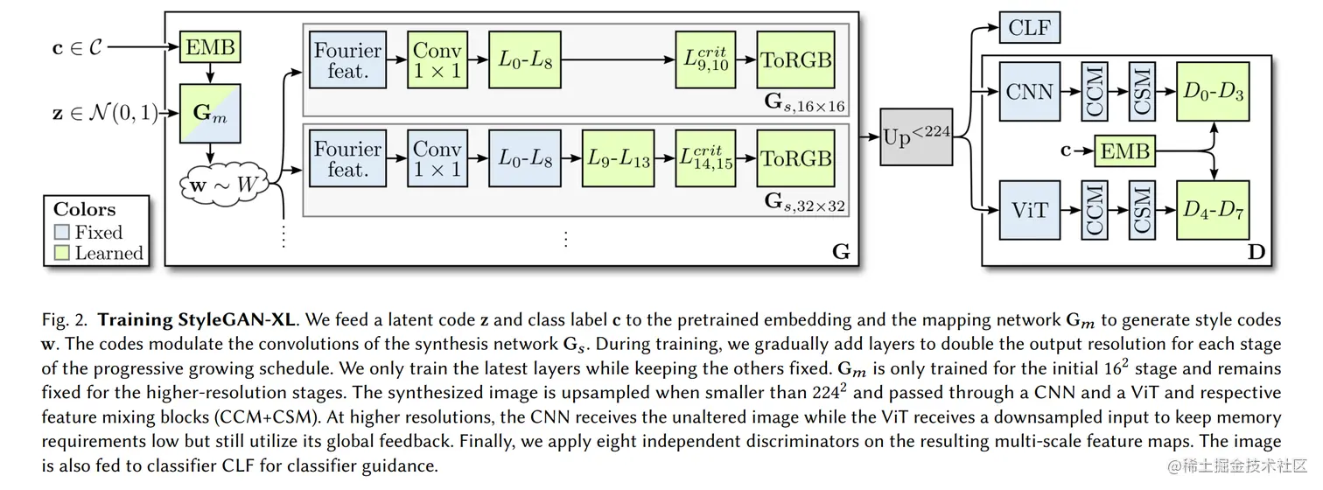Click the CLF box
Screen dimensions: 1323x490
(1030, 27)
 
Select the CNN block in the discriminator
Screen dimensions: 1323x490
(1030, 92)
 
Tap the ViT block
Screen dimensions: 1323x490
(1030, 210)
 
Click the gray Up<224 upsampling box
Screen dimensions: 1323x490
(916, 137)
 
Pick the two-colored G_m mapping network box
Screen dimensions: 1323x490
(210, 114)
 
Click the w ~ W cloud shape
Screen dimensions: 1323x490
(224, 185)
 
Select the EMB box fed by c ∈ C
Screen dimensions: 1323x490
(210, 47)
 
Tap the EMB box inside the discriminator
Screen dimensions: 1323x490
(1124, 151)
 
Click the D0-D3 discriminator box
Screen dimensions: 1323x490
(1213, 92)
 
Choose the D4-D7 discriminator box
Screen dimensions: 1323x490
(1213, 210)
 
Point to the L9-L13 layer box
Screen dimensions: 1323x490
(618, 158)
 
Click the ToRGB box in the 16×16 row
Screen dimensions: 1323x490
(795, 59)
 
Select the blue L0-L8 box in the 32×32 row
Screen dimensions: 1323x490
(524, 158)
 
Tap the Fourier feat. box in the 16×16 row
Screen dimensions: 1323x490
(347, 59)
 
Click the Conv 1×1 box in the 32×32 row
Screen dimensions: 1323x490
(437, 158)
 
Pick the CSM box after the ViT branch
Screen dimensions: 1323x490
(1142, 210)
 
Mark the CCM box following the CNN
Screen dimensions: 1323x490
(1095, 92)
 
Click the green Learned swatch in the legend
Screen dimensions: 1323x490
(61, 253)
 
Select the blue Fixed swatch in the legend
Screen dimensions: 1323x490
(61, 231)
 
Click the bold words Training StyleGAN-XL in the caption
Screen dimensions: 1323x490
(196, 320)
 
